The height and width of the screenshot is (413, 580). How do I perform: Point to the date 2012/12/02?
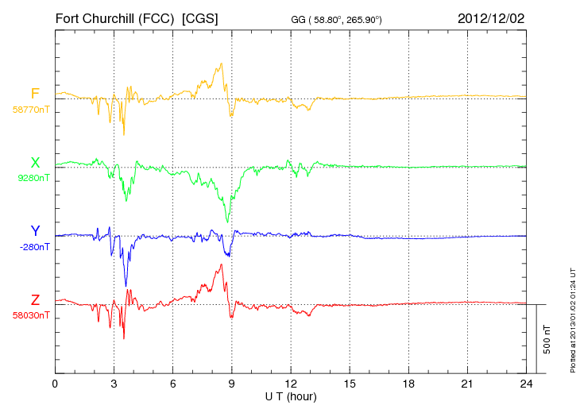pyautogui.click(x=491, y=17)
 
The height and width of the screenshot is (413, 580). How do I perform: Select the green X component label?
pyautogui.click(x=35, y=163)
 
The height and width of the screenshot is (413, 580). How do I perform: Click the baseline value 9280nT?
pyautogui.click(x=33, y=178)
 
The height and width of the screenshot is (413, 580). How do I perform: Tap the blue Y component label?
pyautogui.click(x=35, y=231)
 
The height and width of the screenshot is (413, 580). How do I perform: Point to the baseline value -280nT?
pyautogui.click(x=33, y=247)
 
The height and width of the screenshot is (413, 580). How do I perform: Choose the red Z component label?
pyautogui.click(x=35, y=300)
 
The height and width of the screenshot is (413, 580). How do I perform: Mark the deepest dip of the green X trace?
pyautogui.click(x=227, y=222)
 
